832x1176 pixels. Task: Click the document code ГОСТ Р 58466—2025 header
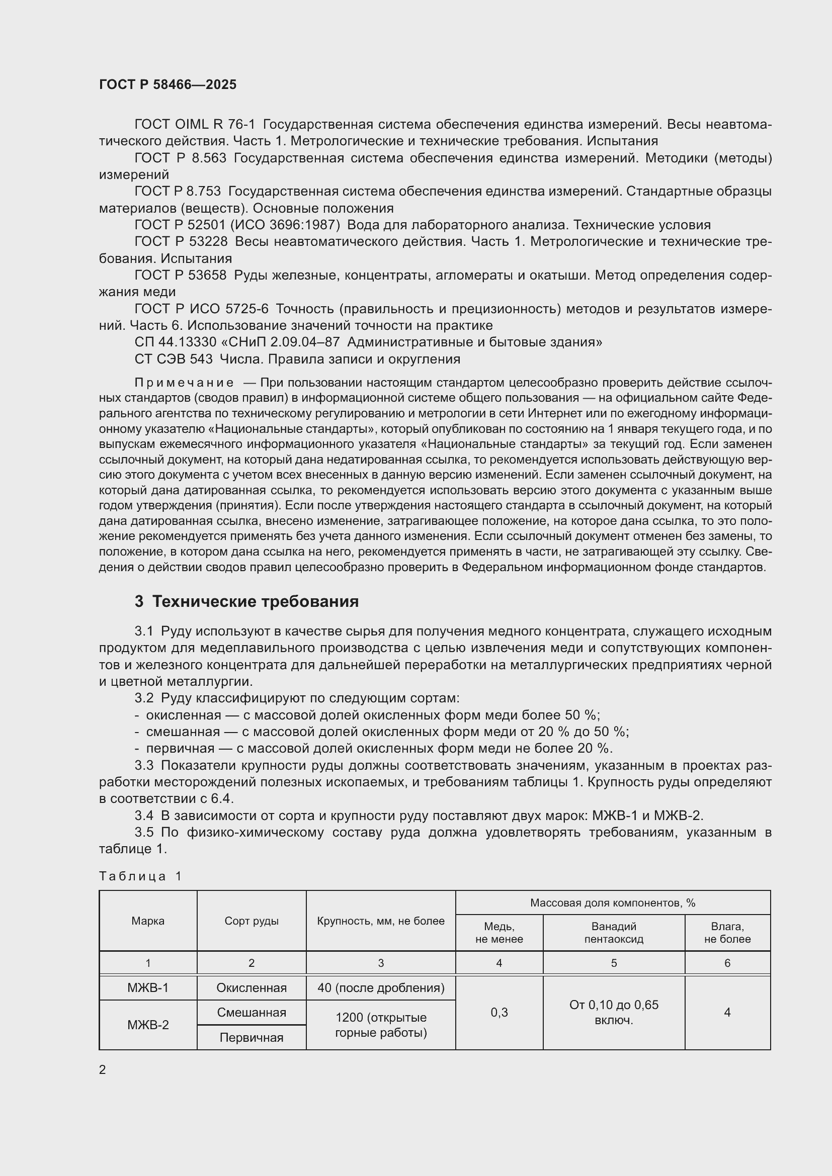click(x=168, y=84)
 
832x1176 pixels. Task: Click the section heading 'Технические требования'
click(x=255, y=601)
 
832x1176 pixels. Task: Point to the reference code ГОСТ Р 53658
click(x=181, y=275)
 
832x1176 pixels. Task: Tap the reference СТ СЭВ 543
click(x=173, y=359)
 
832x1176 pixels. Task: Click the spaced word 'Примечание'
click(x=184, y=383)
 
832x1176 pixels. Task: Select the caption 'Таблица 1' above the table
click(x=140, y=876)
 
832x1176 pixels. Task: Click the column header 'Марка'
click(x=148, y=921)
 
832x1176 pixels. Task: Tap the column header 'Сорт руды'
click(x=252, y=921)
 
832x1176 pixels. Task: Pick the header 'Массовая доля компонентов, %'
click(x=613, y=903)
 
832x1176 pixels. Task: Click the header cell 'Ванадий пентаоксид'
click(x=614, y=933)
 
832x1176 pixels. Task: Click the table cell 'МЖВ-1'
click(x=148, y=987)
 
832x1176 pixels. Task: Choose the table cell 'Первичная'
click(x=252, y=1037)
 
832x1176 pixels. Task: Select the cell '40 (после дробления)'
click(x=381, y=987)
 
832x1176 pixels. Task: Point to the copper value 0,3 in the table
click(x=499, y=1012)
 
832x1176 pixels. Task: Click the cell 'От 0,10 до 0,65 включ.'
click(x=614, y=1012)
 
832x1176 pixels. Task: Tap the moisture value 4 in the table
click(x=727, y=1012)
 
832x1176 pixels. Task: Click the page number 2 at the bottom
click(x=103, y=1069)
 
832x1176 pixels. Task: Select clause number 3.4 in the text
click(x=144, y=816)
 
